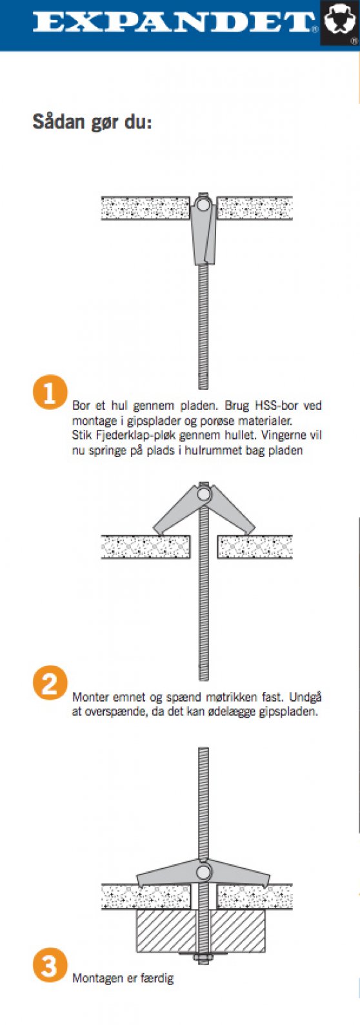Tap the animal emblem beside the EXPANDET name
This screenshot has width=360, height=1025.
point(341,23)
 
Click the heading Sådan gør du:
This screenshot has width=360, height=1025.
point(92,123)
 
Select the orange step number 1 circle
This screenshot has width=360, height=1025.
point(50,392)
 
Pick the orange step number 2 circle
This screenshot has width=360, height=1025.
point(50,683)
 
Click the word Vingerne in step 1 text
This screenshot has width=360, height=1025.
point(283,435)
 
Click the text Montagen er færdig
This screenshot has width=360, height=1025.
point(123,979)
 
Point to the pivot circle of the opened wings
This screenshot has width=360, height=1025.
point(204,494)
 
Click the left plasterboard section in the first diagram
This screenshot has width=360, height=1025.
point(145,208)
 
